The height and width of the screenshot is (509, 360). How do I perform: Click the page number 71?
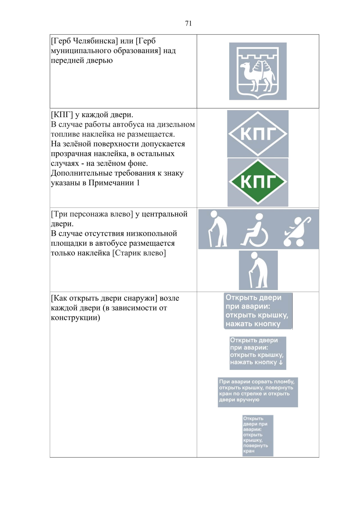[x=188, y=23]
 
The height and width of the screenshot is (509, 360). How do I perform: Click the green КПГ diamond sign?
[x=258, y=182]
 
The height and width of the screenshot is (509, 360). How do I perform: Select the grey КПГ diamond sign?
[x=258, y=133]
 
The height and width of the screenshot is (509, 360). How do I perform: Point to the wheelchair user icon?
[x=255, y=230]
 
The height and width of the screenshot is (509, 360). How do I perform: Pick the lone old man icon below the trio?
[x=258, y=270]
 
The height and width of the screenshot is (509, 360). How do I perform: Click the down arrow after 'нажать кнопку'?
[x=281, y=362]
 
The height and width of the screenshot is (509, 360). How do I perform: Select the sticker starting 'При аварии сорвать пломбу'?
[x=258, y=392]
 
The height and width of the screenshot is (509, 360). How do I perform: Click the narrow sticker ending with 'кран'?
[x=258, y=435]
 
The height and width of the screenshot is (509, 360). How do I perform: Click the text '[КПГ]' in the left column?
[x=62, y=115]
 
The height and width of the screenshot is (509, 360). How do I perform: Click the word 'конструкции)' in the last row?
[x=75, y=318]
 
